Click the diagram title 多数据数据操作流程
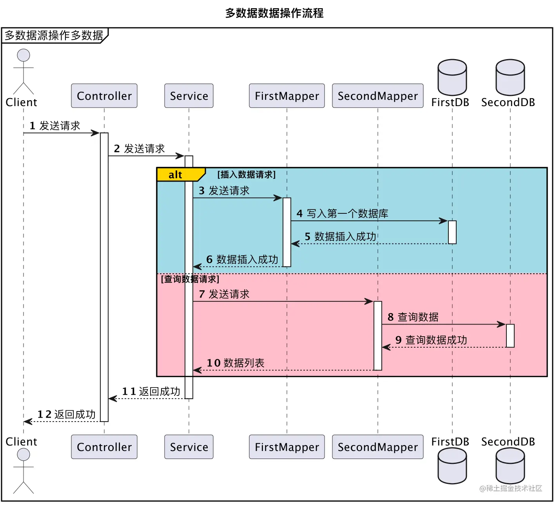click(x=274, y=13)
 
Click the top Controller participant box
click(x=104, y=96)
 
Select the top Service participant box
click(x=189, y=96)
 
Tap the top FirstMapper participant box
click(x=287, y=96)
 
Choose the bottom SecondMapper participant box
click(x=378, y=447)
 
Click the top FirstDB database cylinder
click(x=452, y=78)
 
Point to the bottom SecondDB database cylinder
click(x=510, y=466)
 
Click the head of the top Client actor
click(x=24, y=55)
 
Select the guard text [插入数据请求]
click(x=247, y=175)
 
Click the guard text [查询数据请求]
click(x=190, y=279)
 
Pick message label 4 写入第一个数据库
click(x=342, y=214)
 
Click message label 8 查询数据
click(x=413, y=317)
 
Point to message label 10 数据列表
click(x=236, y=363)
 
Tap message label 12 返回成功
click(x=67, y=414)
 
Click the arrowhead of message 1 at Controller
click(x=96, y=133)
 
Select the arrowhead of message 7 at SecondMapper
click(x=369, y=301)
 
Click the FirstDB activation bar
click(x=452, y=232)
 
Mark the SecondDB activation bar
click(x=510, y=335)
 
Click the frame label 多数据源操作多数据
click(x=54, y=36)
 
